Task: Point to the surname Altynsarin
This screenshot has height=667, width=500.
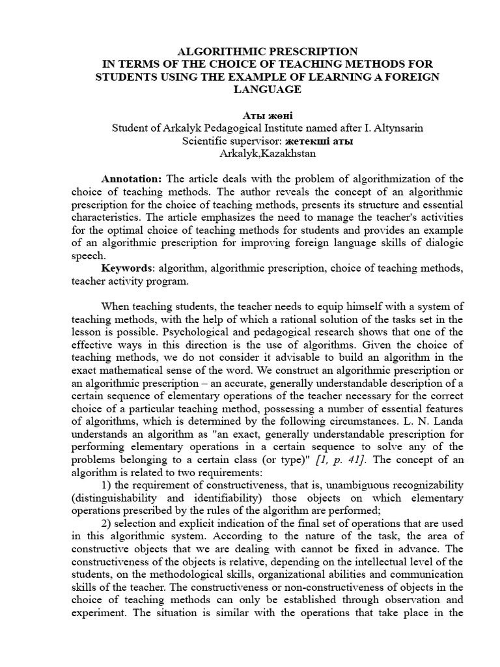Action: [397, 128]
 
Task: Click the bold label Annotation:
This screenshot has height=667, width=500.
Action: [132, 178]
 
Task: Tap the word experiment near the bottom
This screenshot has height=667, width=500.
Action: [97, 612]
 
